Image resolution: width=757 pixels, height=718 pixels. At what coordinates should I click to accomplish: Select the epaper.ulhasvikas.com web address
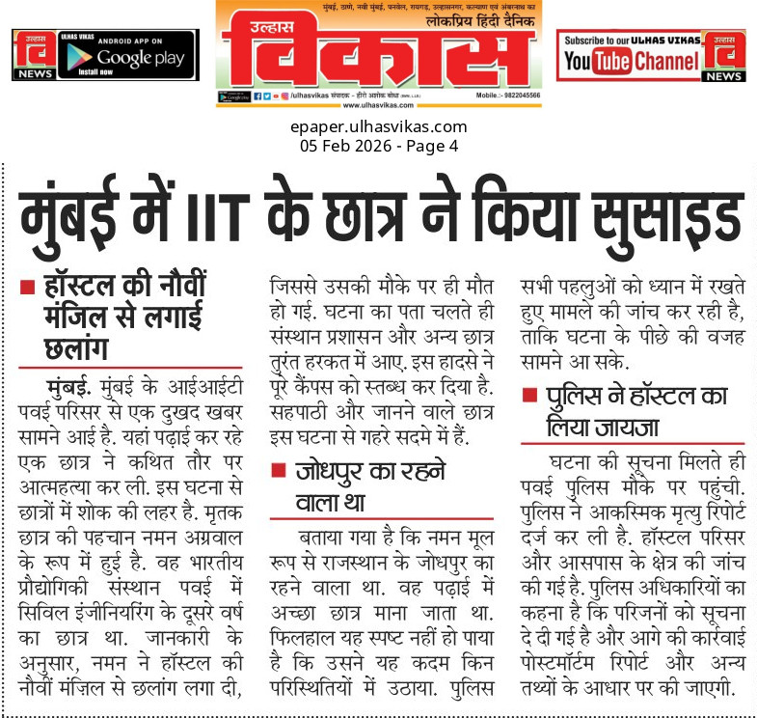pos(378,126)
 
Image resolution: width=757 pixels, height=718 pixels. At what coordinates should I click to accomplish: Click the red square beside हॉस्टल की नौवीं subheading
pos(30,288)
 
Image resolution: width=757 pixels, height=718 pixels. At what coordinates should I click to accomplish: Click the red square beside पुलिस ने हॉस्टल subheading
pos(529,398)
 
